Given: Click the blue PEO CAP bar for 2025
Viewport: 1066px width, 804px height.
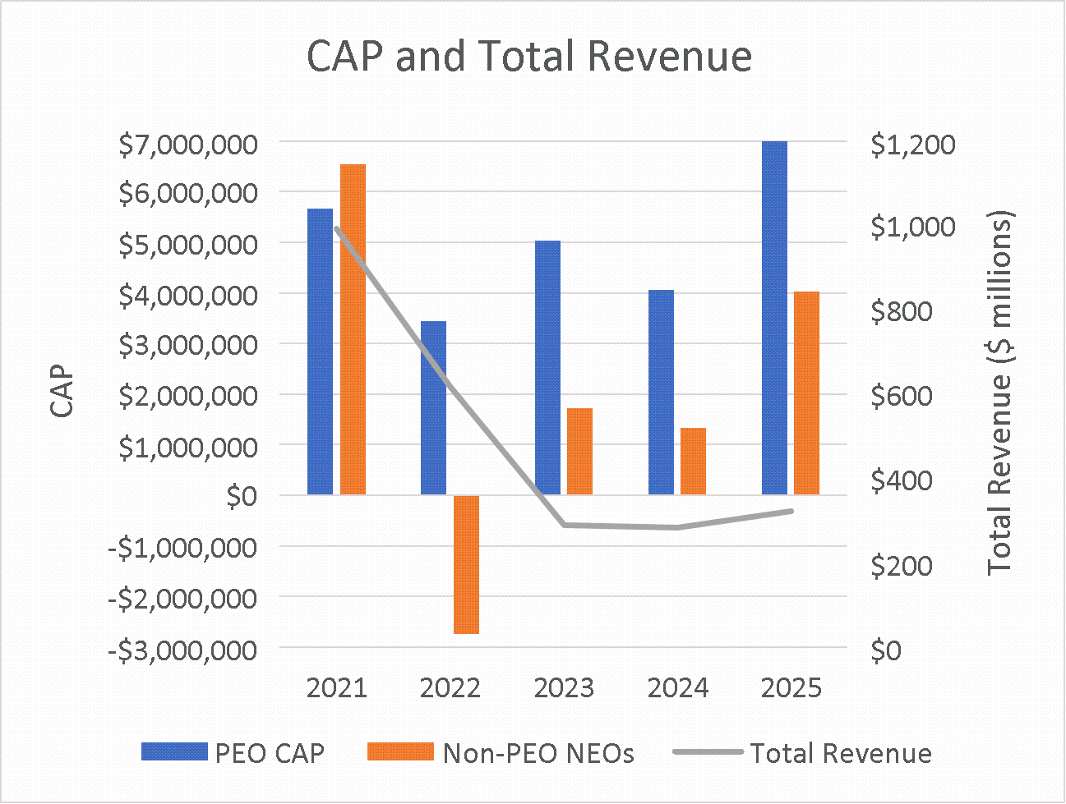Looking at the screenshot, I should pyautogui.click(x=774, y=318).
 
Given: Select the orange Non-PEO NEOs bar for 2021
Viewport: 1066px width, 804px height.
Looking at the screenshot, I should pyautogui.click(x=353, y=329).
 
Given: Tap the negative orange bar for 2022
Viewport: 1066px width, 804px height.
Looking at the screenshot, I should pyautogui.click(x=467, y=564).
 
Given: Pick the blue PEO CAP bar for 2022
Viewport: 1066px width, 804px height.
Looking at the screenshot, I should pyautogui.click(x=433, y=407).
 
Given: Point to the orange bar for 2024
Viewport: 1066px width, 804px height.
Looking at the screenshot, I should pyautogui.click(x=694, y=461).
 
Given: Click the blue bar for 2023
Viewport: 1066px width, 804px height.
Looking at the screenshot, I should pyautogui.click(x=547, y=367).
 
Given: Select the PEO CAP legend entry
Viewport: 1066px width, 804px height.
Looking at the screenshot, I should pyautogui.click(x=233, y=753).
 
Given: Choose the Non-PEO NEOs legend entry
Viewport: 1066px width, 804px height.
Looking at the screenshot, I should pyautogui.click(x=501, y=753).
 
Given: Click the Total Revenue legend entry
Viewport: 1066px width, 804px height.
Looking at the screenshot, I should pyautogui.click(x=802, y=753).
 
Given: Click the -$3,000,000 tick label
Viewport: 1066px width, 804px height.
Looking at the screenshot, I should pyautogui.click(x=182, y=650).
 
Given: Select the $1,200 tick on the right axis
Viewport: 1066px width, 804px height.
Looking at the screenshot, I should pyautogui.click(x=902, y=145).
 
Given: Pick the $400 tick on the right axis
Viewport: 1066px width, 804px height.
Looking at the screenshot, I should pyautogui.click(x=902, y=480).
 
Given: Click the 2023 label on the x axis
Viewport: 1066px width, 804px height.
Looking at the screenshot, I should pyautogui.click(x=564, y=688).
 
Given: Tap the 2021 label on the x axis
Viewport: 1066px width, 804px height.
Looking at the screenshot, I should pyautogui.click(x=336, y=688).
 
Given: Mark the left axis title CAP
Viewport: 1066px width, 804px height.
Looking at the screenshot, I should pyautogui.click(x=62, y=393).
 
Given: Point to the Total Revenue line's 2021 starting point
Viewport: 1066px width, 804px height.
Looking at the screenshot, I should pyautogui.click(x=337, y=228).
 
